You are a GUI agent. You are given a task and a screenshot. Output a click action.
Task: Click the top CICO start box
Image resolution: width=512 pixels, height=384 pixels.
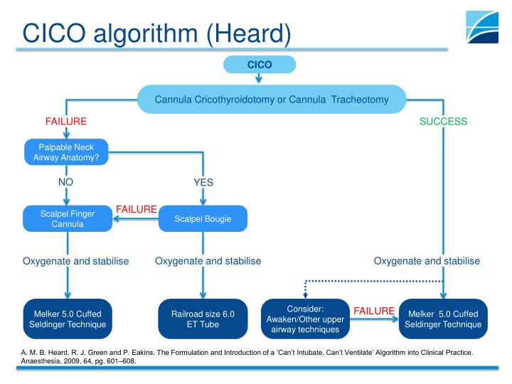tap(259, 65)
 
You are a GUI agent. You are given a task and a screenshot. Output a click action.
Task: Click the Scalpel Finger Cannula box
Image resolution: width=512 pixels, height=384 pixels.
tap(68, 219)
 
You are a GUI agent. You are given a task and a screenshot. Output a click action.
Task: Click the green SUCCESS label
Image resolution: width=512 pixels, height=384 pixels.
tap(443, 122)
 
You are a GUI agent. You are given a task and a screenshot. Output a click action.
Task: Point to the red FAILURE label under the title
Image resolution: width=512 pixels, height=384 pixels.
tap(65, 122)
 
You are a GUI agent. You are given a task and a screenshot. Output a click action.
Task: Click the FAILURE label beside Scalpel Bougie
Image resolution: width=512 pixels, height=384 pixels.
tap(136, 209)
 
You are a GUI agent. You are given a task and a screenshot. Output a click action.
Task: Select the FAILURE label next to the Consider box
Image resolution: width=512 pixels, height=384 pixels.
tap(373, 311)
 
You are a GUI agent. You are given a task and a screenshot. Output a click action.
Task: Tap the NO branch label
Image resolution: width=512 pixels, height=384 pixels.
tap(65, 182)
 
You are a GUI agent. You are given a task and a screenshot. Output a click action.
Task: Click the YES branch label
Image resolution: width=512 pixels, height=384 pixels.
tap(203, 182)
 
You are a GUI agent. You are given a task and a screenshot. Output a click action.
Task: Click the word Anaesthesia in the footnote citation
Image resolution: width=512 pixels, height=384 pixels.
tap(33, 361)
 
